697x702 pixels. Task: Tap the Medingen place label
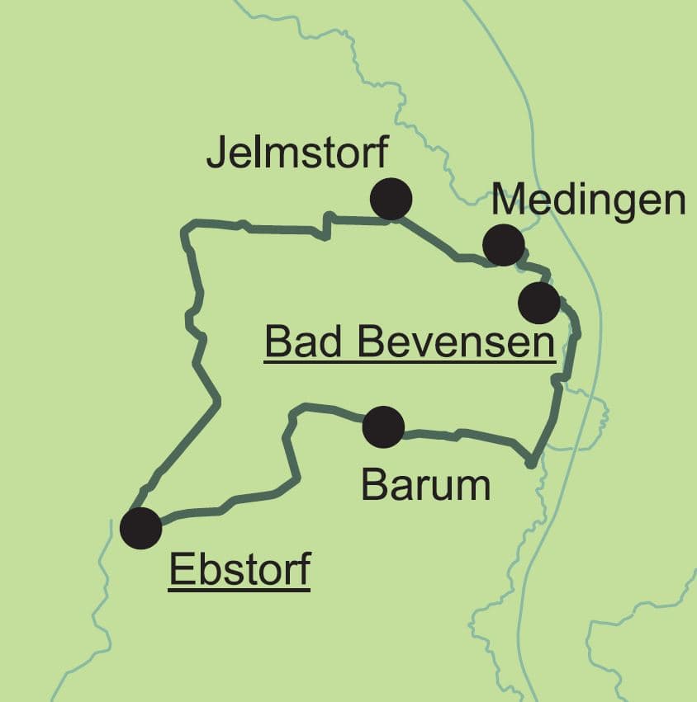(588, 200)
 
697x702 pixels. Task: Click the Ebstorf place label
(239, 569)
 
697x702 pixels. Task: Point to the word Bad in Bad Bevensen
(299, 341)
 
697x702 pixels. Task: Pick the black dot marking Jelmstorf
(391, 199)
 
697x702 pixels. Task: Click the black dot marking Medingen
(503, 244)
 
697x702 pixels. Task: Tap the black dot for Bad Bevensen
(539, 303)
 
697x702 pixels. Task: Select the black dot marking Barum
(383, 426)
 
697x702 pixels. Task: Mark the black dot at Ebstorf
(140, 528)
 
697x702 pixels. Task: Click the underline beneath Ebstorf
(239, 589)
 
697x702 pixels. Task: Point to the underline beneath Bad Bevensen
(409, 360)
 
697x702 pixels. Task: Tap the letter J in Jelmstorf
(216, 154)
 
